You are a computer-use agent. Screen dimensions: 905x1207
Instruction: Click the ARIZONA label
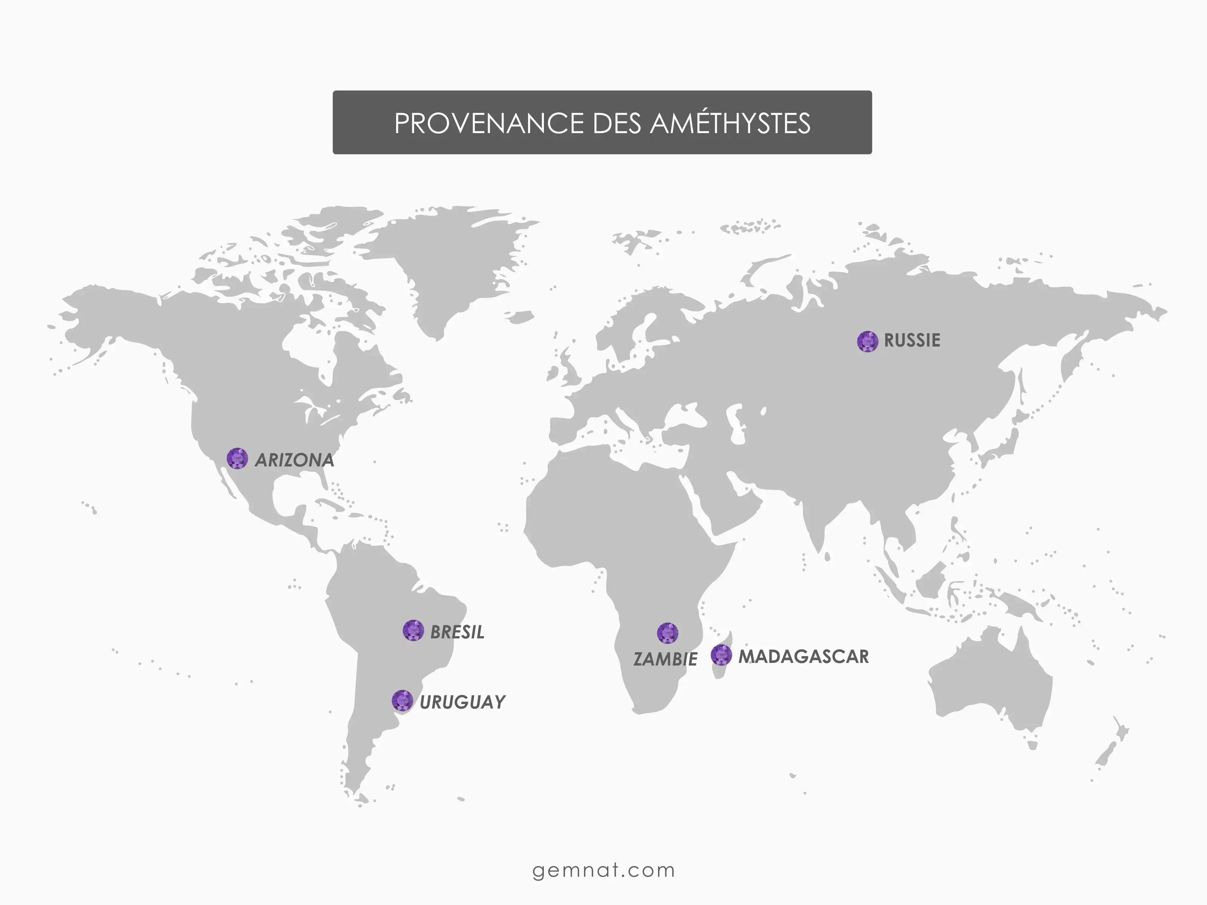(294, 460)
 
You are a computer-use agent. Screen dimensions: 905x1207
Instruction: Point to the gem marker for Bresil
(413, 630)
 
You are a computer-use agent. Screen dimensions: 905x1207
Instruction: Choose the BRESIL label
(457, 632)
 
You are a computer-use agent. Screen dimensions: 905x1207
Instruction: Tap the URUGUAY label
(462, 702)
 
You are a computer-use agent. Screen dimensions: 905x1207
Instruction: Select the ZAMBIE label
(665, 659)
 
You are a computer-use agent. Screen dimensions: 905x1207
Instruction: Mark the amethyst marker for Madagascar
(721, 655)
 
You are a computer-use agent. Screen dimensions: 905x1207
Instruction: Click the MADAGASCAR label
(803, 656)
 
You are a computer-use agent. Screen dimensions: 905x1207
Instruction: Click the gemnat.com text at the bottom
(603, 870)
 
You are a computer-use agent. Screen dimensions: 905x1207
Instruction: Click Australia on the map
(987, 682)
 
